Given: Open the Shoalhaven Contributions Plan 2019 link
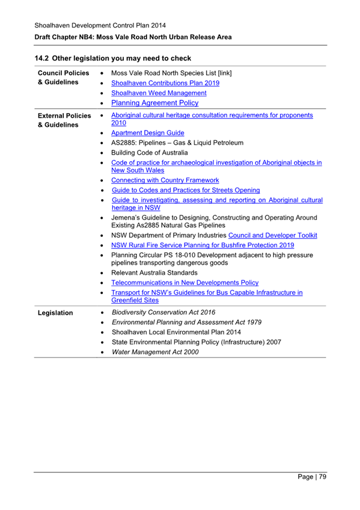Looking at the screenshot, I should tap(165, 83).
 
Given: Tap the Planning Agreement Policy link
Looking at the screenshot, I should tap(154, 103).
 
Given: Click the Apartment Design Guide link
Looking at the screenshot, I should tap(148, 133).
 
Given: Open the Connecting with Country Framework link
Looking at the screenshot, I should tap(165, 180).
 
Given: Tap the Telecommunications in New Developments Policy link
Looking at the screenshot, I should tap(185, 282).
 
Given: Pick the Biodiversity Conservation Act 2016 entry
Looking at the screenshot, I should tap(163, 312).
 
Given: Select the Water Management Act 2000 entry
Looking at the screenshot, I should tap(155, 352).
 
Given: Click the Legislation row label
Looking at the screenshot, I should tap(55, 313).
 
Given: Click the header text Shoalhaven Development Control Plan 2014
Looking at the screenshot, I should tap(100, 25).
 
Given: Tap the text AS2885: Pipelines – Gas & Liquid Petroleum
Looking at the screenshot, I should tap(177, 143).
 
